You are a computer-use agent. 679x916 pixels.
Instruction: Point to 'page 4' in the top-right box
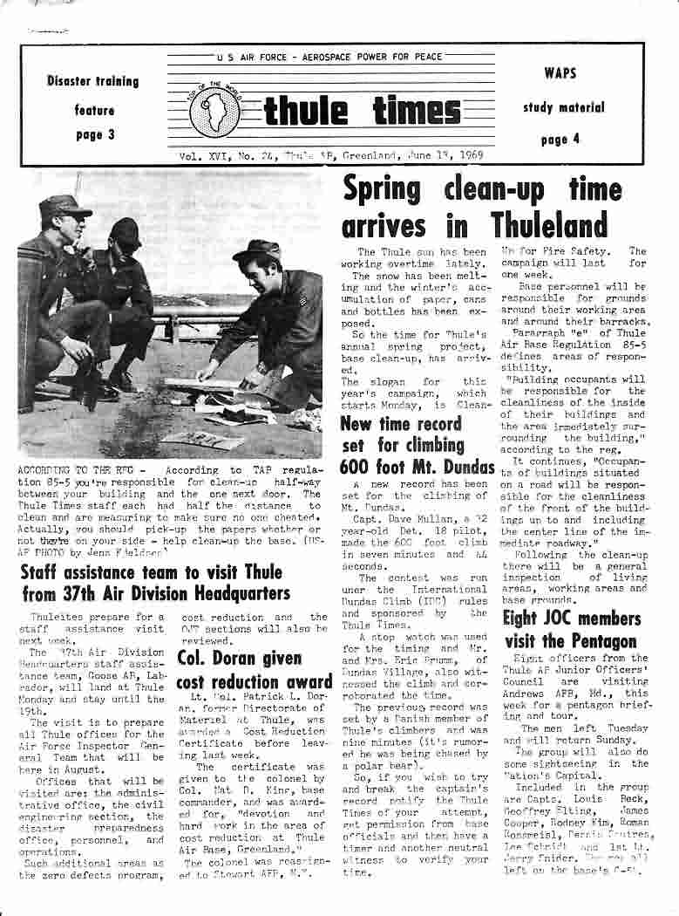(x=560, y=140)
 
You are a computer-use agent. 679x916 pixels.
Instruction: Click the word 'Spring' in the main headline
(x=382, y=189)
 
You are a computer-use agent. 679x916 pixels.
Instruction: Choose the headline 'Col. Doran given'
(x=240, y=658)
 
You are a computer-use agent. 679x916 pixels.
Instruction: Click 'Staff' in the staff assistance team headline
(x=41, y=572)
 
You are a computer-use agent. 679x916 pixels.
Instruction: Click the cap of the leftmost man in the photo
(x=65, y=206)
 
